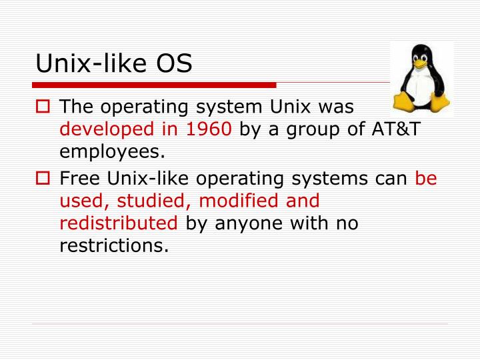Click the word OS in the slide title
pos(175,63)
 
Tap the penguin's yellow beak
pos(421,66)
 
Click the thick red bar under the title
pos(154,85)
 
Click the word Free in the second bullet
pos(78,179)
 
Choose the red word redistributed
pos(119,223)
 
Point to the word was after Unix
pos(339,107)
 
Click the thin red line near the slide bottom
pos(240,325)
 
